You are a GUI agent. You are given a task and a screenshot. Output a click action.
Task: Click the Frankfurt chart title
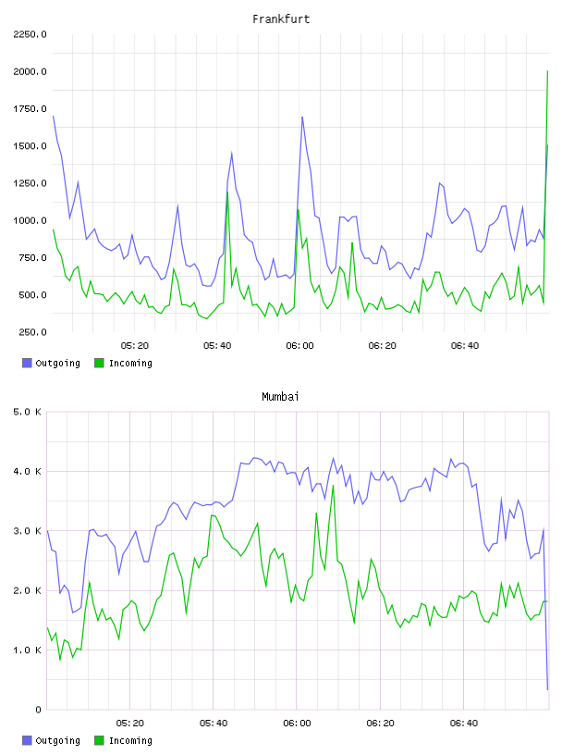coord(281,19)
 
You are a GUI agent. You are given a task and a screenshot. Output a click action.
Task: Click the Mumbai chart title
coord(280,397)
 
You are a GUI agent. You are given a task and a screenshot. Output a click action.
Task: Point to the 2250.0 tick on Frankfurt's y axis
coord(30,34)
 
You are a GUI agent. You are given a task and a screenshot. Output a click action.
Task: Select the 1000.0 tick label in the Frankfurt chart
coord(30,220)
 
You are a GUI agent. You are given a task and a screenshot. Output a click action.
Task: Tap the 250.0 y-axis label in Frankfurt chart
coord(32,332)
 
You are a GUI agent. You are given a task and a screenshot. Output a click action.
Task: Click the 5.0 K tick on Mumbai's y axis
coord(27,412)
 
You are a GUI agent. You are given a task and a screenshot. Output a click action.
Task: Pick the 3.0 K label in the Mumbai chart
coord(27,531)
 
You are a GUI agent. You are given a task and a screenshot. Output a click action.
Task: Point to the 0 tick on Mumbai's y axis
coord(38,710)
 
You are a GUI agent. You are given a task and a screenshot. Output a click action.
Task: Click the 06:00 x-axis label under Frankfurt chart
coord(299,346)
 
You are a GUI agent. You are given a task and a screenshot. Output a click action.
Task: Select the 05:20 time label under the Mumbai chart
coord(130,724)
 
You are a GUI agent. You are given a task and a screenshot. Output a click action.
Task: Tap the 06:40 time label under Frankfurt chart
coord(465,346)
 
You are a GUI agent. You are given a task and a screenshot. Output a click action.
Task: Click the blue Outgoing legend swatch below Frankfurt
coord(27,363)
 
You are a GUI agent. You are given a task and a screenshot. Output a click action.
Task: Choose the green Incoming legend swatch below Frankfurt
coord(99,363)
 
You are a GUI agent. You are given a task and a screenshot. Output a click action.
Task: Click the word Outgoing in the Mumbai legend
coord(57,740)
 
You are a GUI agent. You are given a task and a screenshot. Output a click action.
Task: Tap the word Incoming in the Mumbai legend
coord(130,740)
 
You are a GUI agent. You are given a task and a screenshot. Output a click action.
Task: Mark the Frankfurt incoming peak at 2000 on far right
coord(547,71)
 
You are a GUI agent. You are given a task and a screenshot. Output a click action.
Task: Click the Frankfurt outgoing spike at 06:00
coord(302,117)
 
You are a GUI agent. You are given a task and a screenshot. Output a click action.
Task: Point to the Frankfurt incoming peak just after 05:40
coord(227,192)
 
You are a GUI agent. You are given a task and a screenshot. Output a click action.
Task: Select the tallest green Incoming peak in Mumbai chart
coord(333,486)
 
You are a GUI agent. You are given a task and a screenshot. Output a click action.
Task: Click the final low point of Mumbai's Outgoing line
coord(547,689)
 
